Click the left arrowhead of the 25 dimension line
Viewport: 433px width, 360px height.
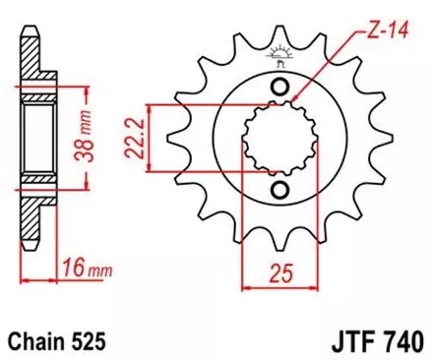[x=247, y=288]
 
